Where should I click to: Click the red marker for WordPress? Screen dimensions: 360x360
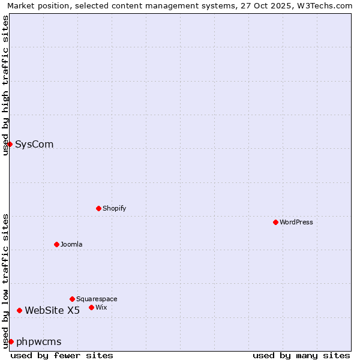tap(275, 222)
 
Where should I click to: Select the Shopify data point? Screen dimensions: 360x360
tap(98, 208)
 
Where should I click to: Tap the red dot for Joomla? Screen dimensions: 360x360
tap(56, 244)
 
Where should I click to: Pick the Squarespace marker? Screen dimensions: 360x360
tap(72, 299)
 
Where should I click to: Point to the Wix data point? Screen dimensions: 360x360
tap(91, 307)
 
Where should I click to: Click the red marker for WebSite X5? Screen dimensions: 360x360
tap(19, 310)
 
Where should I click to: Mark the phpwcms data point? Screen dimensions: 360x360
tap(11, 341)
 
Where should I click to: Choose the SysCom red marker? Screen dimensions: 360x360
tap(10, 144)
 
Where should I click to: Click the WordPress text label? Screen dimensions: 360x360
tap(296, 222)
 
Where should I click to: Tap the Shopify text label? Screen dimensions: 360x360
tap(114, 208)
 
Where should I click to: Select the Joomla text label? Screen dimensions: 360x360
tap(71, 244)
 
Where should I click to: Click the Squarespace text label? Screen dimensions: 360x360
tap(97, 299)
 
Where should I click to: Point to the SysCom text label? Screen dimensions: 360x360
tap(34, 144)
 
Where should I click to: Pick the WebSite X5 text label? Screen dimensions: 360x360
tap(52, 310)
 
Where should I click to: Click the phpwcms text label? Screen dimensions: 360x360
tap(39, 341)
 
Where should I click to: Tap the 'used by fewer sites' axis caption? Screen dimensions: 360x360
tap(62, 355)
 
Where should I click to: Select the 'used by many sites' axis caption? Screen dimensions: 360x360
tap(301, 355)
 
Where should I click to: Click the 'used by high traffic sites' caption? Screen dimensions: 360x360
tap(5, 85)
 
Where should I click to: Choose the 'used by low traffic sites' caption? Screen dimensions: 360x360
tap(5, 281)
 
